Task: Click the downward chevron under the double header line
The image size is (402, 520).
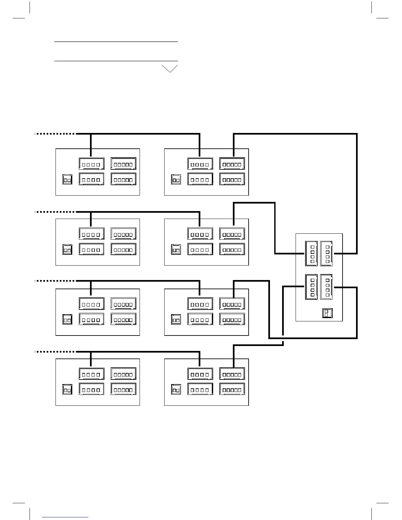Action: tap(169, 69)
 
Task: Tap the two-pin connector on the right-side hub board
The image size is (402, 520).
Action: tap(327, 313)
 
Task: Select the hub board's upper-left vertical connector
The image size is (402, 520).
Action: tap(311, 253)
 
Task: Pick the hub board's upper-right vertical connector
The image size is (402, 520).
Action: tap(326, 253)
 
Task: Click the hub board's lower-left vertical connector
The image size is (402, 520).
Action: tap(311, 287)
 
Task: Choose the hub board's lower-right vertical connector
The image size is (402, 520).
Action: tap(326, 287)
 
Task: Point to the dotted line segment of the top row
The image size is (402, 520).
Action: tap(55, 134)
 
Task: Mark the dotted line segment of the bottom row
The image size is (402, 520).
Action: tap(55, 352)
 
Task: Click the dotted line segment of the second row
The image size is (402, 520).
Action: tap(55, 212)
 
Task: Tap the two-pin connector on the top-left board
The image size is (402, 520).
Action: tap(67, 180)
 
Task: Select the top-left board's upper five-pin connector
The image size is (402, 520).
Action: tap(123, 164)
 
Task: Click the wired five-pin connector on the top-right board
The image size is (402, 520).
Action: tap(232, 164)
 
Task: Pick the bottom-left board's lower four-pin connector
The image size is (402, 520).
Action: tap(91, 389)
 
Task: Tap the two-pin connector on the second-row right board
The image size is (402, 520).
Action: tap(176, 249)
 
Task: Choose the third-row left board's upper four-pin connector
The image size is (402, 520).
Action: tap(91, 304)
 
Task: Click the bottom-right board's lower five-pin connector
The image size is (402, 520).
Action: tap(232, 389)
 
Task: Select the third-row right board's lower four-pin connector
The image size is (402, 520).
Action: tap(200, 319)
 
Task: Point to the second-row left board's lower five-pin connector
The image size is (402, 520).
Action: tap(123, 249)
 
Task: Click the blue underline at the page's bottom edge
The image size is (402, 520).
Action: tap(65, 517)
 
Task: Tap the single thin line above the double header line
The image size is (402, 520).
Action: tap(116, 42)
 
